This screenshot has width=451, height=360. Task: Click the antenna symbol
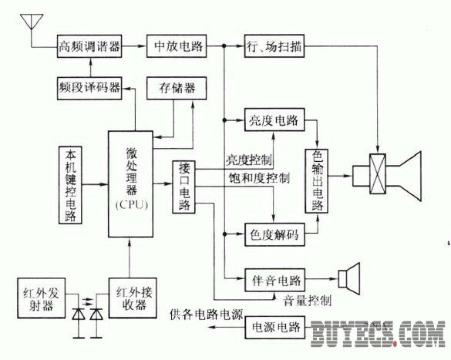(x=32, y=22)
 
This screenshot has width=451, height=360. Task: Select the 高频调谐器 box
(x=89, y=46)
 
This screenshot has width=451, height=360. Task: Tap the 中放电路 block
(x=177, y=46)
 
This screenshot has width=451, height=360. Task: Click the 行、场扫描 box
(x=274, y=46)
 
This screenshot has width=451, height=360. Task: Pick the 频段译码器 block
(x=89, y=89)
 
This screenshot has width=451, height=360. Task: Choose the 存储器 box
(x=177, y=89)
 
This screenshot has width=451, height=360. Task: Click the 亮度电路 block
(x=274, y=119)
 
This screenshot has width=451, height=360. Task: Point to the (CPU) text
(x=131, y=204)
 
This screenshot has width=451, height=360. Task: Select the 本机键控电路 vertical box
(x=70, y=185)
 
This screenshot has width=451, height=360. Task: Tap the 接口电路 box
(x=183, y=187)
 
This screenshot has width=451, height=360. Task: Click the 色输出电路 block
(x=317, y=181)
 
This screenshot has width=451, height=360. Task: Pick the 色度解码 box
(x=274, y=234)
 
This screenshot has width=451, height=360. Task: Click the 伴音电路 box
(x=274, y=281)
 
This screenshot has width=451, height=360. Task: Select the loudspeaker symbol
(x=349, y=278)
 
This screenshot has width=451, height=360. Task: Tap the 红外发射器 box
(x=41, y=298)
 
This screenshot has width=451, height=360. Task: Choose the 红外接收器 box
(x=133, y=298)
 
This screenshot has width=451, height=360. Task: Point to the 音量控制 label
(x=307, y=301)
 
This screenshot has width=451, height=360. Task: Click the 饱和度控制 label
(x=259, y=178)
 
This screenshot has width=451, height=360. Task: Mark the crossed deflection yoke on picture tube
(x=377, y=174)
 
